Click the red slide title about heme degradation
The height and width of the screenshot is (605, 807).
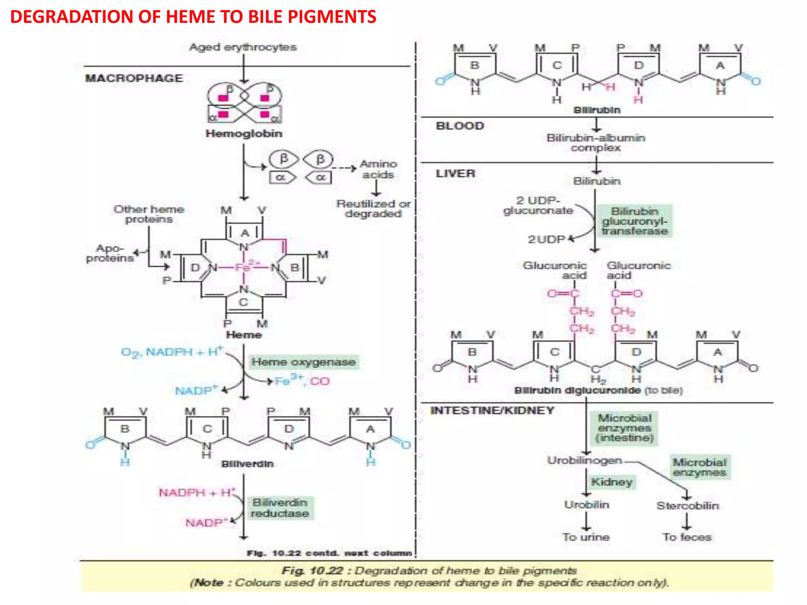[193, 17]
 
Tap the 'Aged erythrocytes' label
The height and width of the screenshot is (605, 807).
[243, 47]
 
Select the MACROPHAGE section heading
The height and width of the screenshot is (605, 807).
[134, 78]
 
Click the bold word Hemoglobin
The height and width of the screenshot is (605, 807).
[244, 134]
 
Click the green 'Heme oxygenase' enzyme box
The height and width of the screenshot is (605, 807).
[303, 362]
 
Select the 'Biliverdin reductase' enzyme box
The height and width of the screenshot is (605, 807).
[280, 508]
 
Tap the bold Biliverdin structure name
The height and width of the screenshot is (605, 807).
[247, 464]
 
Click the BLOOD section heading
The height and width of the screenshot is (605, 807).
[459, 126]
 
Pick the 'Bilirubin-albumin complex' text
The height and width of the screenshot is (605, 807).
[596, 143]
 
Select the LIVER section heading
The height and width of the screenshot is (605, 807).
[456, 174]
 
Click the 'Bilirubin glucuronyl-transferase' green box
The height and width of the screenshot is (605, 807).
[634, 221]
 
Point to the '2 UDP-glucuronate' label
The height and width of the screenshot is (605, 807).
[538, 206]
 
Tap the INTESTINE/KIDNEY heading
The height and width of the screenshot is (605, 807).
[492, 411]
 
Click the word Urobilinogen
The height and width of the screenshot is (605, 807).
[584, 460]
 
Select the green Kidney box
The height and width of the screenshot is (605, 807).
[612, 482]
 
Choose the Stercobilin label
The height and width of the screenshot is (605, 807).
[687, 506]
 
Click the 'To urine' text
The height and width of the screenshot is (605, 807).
[586, 537]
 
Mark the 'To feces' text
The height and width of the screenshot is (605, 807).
[687, 537]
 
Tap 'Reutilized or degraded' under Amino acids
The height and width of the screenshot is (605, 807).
[373, 209]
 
